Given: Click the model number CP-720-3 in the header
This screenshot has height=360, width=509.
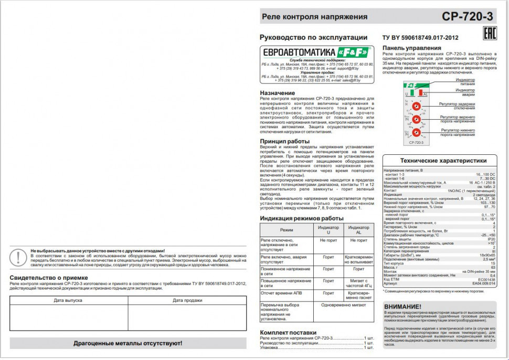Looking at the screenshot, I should [467, 16].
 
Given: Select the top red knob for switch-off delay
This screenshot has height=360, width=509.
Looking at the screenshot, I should [415, 105].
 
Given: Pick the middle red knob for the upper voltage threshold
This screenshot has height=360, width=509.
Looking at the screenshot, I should [415, 119].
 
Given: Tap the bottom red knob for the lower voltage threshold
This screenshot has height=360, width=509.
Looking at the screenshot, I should [415, 132].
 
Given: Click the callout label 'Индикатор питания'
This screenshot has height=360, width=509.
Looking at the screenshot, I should [465, 81].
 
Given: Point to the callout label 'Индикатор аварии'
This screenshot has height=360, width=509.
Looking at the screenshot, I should [465, 92].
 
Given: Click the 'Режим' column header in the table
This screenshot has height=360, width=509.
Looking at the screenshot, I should [287, 230].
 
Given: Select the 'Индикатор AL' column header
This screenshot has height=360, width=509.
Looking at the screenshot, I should [358, 230].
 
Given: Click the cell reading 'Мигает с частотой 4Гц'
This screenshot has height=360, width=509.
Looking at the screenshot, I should [358, 283].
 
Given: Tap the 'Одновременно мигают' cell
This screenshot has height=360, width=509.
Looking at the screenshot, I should [344, 304].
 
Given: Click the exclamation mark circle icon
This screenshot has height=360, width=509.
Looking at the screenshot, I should [18, 257].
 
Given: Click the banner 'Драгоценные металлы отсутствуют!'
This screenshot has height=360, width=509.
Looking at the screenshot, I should [128, 343].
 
